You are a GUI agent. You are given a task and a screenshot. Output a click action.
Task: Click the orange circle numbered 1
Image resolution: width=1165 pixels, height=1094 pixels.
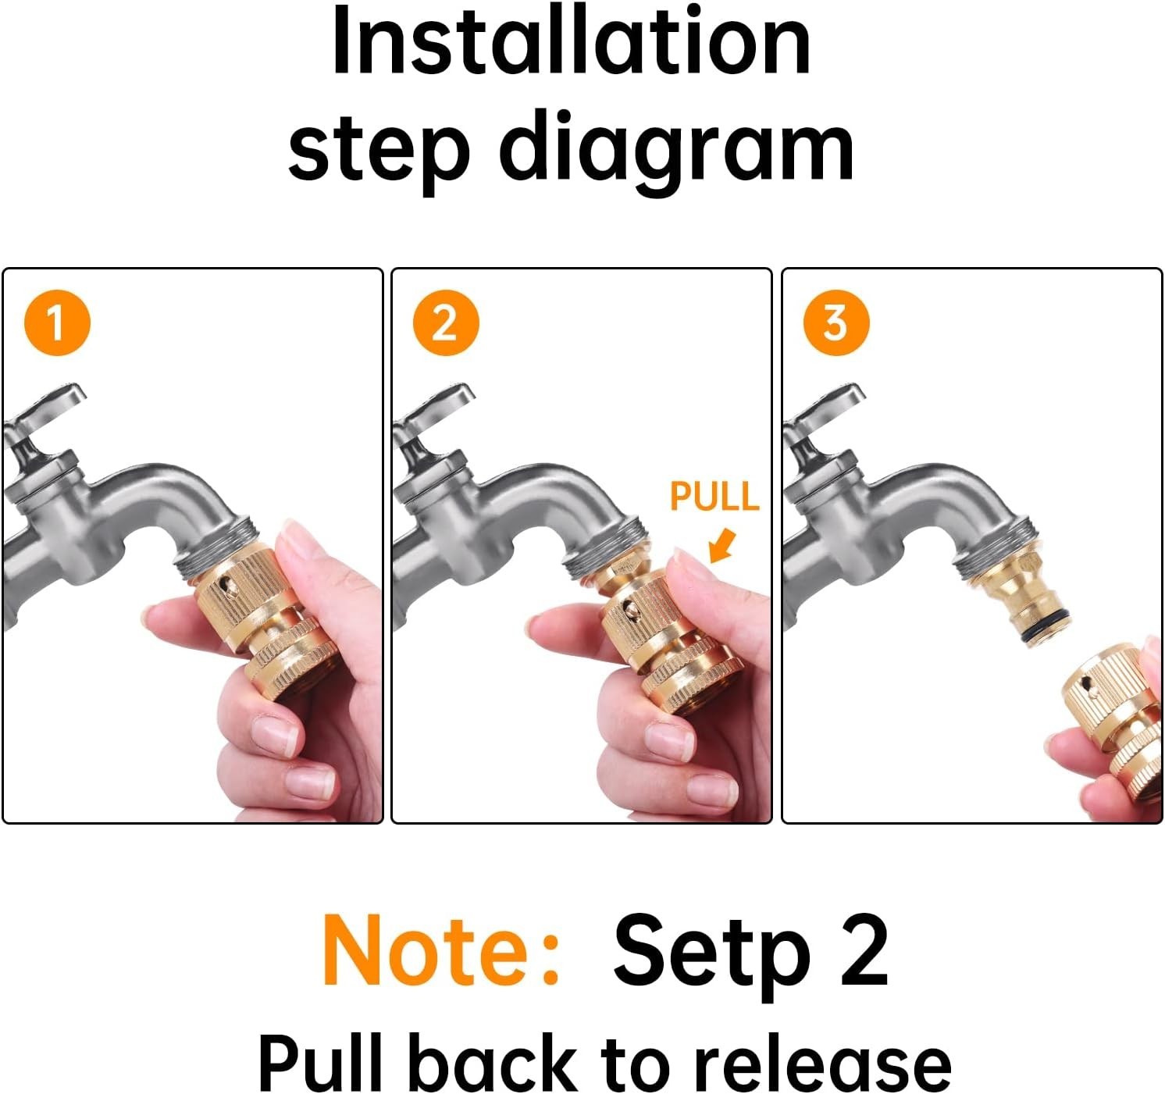58,322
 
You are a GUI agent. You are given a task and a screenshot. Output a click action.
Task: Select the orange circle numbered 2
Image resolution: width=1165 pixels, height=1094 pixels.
446,322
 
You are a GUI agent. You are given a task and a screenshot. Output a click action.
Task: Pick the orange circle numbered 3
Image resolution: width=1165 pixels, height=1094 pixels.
836,322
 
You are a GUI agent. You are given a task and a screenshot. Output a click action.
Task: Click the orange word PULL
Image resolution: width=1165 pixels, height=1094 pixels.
714,497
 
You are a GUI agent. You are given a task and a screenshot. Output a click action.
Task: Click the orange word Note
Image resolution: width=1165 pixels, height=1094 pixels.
440,950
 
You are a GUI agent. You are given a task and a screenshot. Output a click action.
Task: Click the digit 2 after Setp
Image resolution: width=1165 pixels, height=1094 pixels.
864,949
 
